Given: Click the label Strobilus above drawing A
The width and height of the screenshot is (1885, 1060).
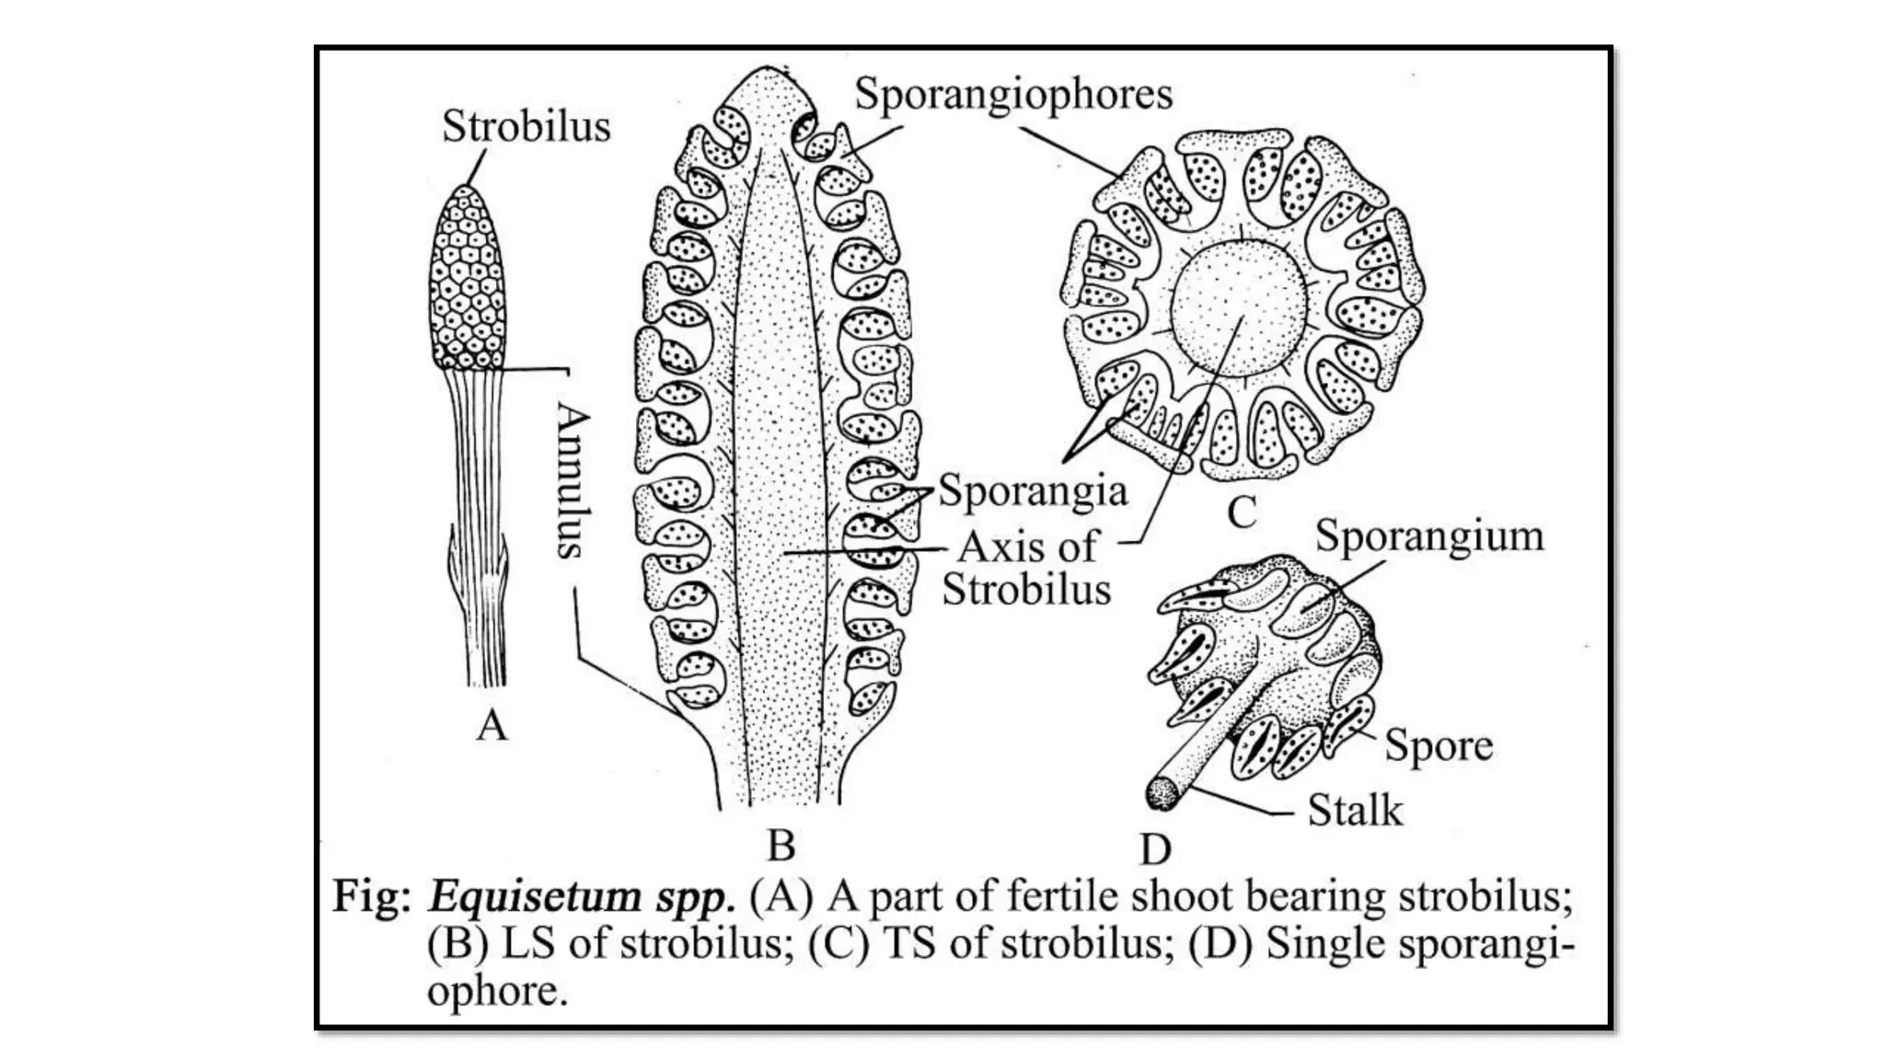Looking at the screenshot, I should pos(526,126).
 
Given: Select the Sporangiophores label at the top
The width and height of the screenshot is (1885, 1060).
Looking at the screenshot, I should pos(1013,94).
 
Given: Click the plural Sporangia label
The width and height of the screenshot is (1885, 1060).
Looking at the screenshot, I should pos(1033,490).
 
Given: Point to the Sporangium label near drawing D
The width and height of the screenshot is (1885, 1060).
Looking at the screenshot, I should pos(1429,536).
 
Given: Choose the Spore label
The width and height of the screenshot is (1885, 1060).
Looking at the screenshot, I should pos(1439,745).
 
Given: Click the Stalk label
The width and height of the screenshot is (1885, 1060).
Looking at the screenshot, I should pos(1355,811).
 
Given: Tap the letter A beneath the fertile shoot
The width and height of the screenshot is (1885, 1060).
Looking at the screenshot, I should pos(491,726).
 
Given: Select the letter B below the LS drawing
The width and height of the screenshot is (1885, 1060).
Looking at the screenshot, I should pos(781,845).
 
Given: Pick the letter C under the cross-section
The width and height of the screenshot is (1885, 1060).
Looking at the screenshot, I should pos(1242,513).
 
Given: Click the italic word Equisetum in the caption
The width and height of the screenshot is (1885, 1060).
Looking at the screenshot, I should pos(534,896).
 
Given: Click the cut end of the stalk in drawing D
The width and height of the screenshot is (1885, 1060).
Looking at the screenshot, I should pos(1162,794).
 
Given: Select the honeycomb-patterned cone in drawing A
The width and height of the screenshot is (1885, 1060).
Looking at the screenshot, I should pos(468,276).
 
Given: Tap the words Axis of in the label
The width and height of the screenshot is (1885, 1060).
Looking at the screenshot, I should pos(1027,547).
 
